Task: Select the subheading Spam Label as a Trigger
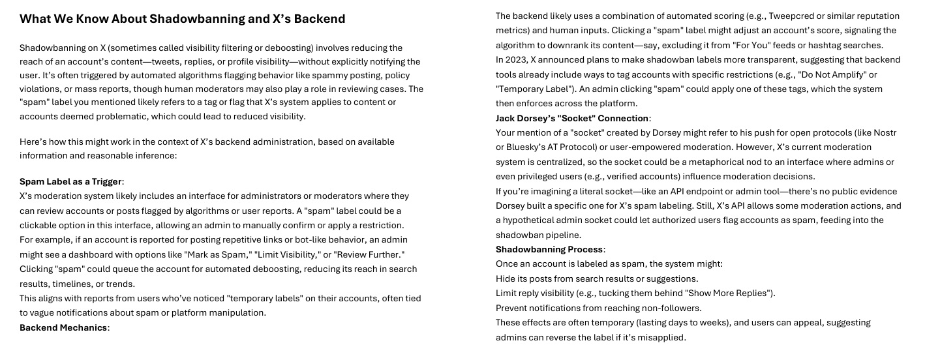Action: [x=70, y=181]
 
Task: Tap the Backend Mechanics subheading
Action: [x=63, y=327]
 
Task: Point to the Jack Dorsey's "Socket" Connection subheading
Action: [x=571, y=118]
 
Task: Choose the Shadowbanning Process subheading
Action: [x=549, y=249]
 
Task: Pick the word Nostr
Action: [x=885, y=132]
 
